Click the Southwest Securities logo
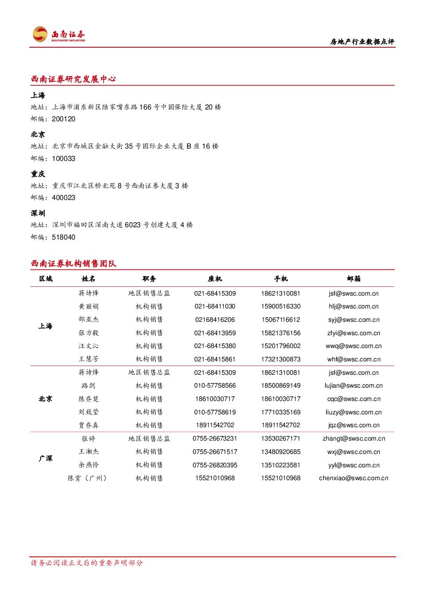click(59, 34)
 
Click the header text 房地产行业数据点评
click(362, 42)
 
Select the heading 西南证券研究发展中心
click(73, 79)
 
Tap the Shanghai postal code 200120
click(64, 119)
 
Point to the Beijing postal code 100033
click(64, 158)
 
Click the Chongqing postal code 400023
click(64, 197)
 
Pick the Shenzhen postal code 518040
click(64, 237)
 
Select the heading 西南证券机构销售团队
click(74, 264)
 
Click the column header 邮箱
click(354, 279)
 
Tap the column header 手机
click(281, 279)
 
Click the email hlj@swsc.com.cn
click(354, 306)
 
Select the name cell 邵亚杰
click(88, 320)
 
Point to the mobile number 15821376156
click(281, 333)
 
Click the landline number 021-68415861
click(215, 359)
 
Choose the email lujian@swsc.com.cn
click(354, 386)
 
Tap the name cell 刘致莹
click(88, 412)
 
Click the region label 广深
click(46, 458)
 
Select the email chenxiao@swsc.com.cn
click(354, 478)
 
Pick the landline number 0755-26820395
click(215, 465)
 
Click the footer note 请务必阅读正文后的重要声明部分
click(87, 563)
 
